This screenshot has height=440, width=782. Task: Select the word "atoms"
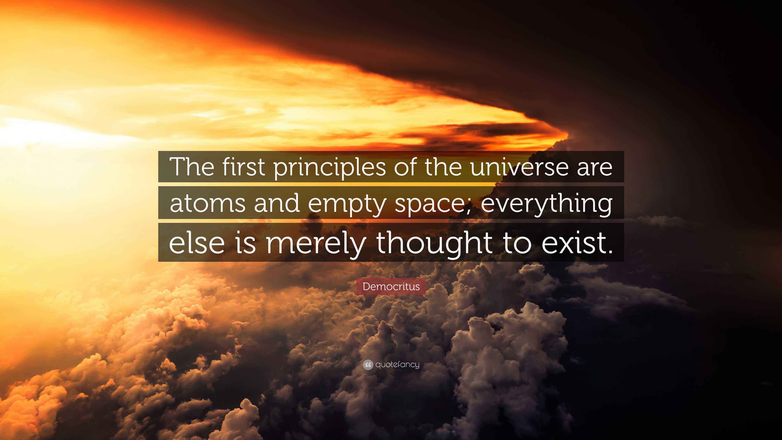[x=207, y=203]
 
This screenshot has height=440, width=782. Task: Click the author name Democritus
[x=391, y=286]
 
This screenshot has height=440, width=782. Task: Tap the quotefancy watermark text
[x=397, y=364]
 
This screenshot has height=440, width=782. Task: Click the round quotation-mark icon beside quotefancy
[x=368, y=365]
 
